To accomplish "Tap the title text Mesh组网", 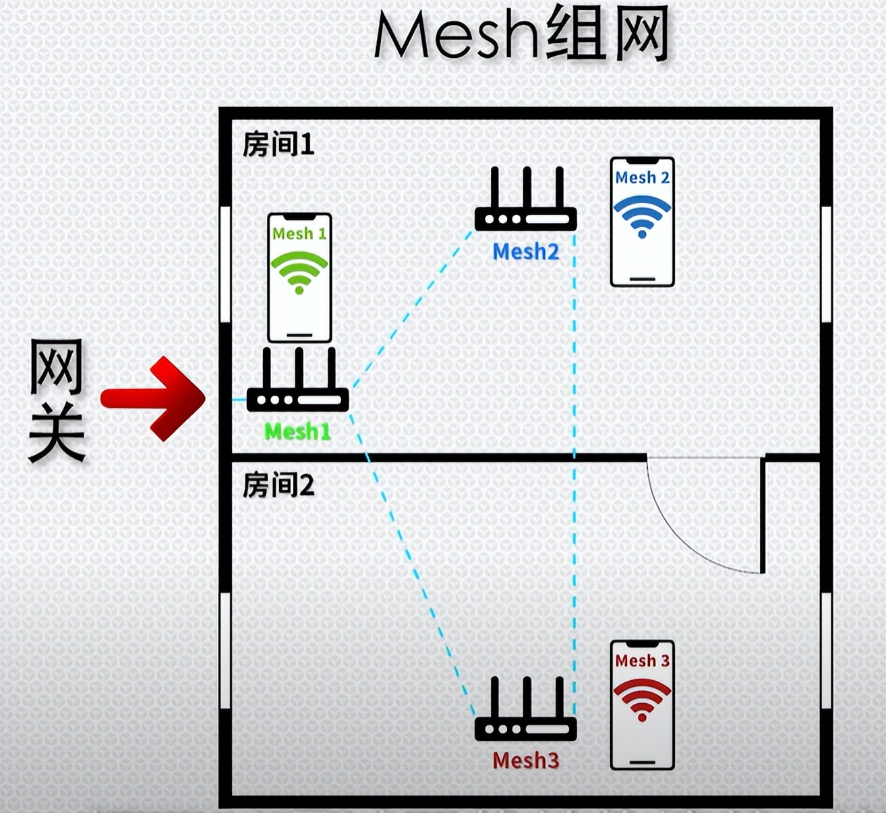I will click(x=521, y=35).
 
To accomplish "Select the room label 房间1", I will click(x=278, y=144).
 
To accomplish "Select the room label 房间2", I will click(x=278, y=485).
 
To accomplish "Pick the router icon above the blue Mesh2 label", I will click(x=525, y=202).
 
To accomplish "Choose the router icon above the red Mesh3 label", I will click(x=525, y=712).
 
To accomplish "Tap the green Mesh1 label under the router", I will click(x=297, y=431).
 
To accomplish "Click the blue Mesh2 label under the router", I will click(x=525, y=252).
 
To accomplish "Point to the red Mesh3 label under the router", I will click(x=525, y=760).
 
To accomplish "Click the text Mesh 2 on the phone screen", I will click(x=642, y=178).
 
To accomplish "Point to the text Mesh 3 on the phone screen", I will click(x=642, y=661).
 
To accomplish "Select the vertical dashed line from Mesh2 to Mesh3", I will click(x=574, y=472).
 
